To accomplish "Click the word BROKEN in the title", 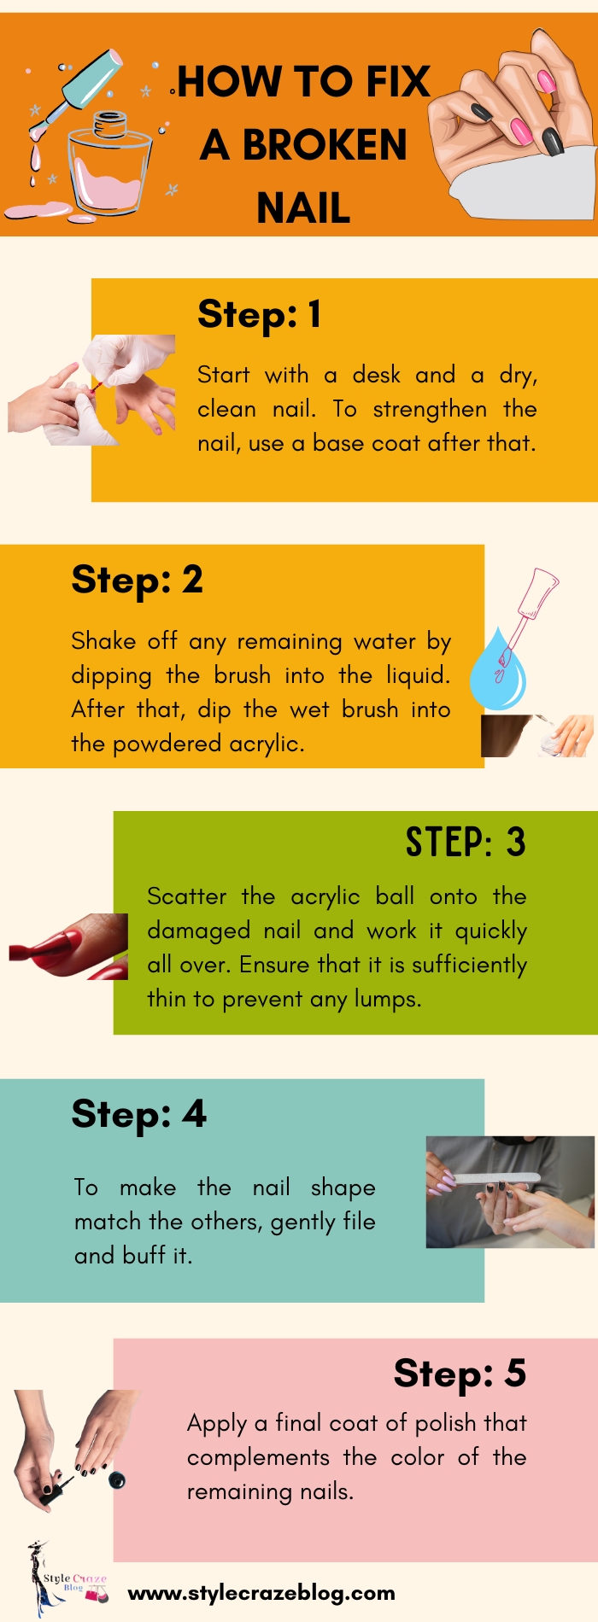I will point(325,145).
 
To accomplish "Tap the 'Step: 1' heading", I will point(259,314).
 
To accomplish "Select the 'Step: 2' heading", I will point(137,580).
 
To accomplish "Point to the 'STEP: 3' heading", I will point(465,843).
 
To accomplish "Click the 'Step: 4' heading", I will point(138,1114).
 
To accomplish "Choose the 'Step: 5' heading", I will point(459,1374).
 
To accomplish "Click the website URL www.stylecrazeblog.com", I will point(261,1592).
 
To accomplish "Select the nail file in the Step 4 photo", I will point(495,1179).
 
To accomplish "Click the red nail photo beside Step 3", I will point(68,947).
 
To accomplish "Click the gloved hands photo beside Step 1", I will point(91,389).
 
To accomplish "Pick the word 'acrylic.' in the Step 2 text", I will point(267,744).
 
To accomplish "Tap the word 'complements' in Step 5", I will point(258,1457).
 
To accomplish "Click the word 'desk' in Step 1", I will point(377,375).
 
